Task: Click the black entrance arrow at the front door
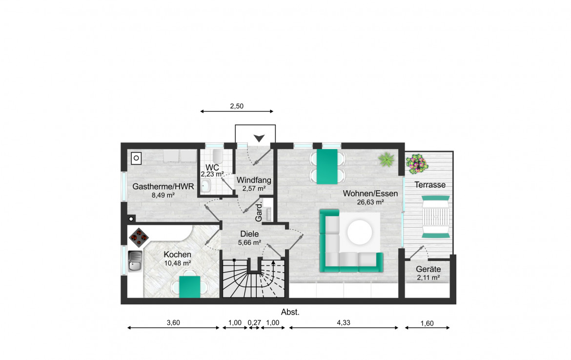coord(259,138)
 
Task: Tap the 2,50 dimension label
coord(237,106)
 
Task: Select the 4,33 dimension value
coord(344,322)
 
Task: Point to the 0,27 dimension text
coord(254,322)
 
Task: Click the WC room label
coord(212,167)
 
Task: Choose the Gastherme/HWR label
coord(163,186)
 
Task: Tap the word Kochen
coord(177,255)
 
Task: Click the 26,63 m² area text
coord(370,202)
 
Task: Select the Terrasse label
coord(430,185)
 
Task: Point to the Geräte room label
coord(428,269)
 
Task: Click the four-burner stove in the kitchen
coord(139,238)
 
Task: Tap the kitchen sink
coord(135,261)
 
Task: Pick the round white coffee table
coord(360,232)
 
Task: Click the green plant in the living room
coord(387,160)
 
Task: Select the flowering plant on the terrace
coord(417,164)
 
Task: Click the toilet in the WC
coord(218,157)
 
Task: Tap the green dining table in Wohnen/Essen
coord(327,166)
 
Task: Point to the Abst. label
coord(290,312)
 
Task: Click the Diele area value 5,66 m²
coord(249,242)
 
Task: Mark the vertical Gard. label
coord(259,213)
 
